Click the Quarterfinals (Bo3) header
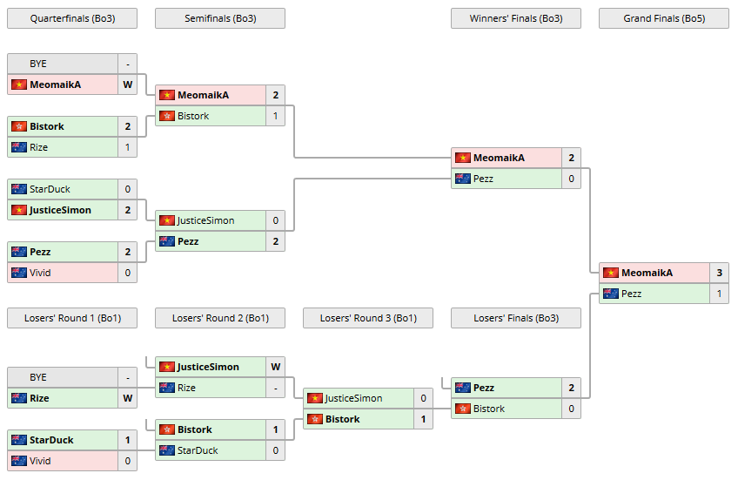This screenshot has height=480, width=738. click(x=71, y=18)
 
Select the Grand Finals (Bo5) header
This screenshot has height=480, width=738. click(x=663, y=18)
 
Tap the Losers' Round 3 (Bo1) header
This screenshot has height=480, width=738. click(x=367, y=318)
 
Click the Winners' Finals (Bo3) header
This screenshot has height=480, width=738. click(x=515, y=18)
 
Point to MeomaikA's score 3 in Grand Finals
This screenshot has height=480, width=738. click(x=719, y=273)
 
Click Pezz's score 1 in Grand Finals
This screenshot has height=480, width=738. click(x=719, y=294)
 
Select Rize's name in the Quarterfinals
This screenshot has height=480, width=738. click(x=39, y=147)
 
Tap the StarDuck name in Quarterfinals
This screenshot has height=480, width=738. click(x=50, y=189)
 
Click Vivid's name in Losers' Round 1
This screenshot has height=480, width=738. click(x=40, y=461)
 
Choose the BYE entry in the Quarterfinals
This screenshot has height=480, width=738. click(x=38, y=64)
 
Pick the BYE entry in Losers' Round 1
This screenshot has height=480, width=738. click(x=38, y=377)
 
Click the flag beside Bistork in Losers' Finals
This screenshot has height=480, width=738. click(x=463, y=409)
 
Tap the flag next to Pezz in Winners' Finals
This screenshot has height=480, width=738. click(x=463, y=179)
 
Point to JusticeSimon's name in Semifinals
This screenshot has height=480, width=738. click(x=205, y=220)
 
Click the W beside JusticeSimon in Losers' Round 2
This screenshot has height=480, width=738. click(x=275, y=367)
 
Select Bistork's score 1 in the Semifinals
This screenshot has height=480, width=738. click(x=275, y=116)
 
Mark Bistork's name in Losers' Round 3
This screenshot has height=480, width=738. click(x=343, y=419)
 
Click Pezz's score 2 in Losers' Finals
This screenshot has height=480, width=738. click(x=571, y=388)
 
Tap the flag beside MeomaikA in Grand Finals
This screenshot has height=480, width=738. click(x=611, y=273)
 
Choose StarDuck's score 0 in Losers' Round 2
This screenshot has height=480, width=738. click(x=275, y=450)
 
